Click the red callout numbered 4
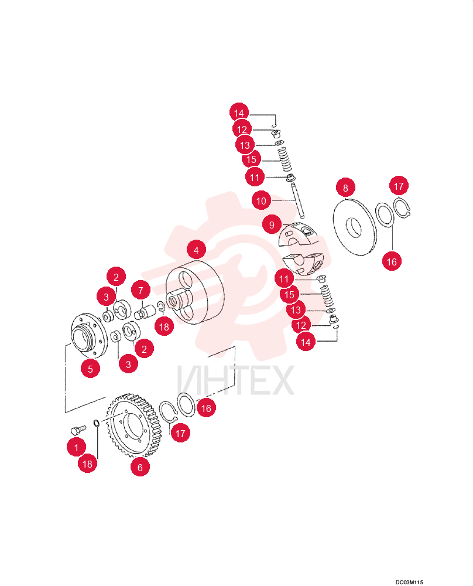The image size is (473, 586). tap(196, 250)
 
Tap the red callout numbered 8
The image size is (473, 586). tap(345, 188)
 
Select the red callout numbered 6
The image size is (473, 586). tap(140, 467)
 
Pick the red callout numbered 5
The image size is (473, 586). tap(90, 369)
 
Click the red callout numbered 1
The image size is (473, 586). tap(76, 447)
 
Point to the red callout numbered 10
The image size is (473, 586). tap(261, 200)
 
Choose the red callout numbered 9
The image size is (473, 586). tap(272, 224)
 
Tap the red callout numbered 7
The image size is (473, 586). tap(140, 291)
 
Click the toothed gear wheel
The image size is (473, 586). tap(135, 424)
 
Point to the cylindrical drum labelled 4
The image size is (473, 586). tap(196, 292)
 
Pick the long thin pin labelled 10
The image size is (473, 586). tap(298, 200)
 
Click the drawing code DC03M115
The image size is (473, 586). tap(410, 582)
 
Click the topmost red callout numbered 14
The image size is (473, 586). tap(239, 113)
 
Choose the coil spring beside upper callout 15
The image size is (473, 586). tap(285, 160)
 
